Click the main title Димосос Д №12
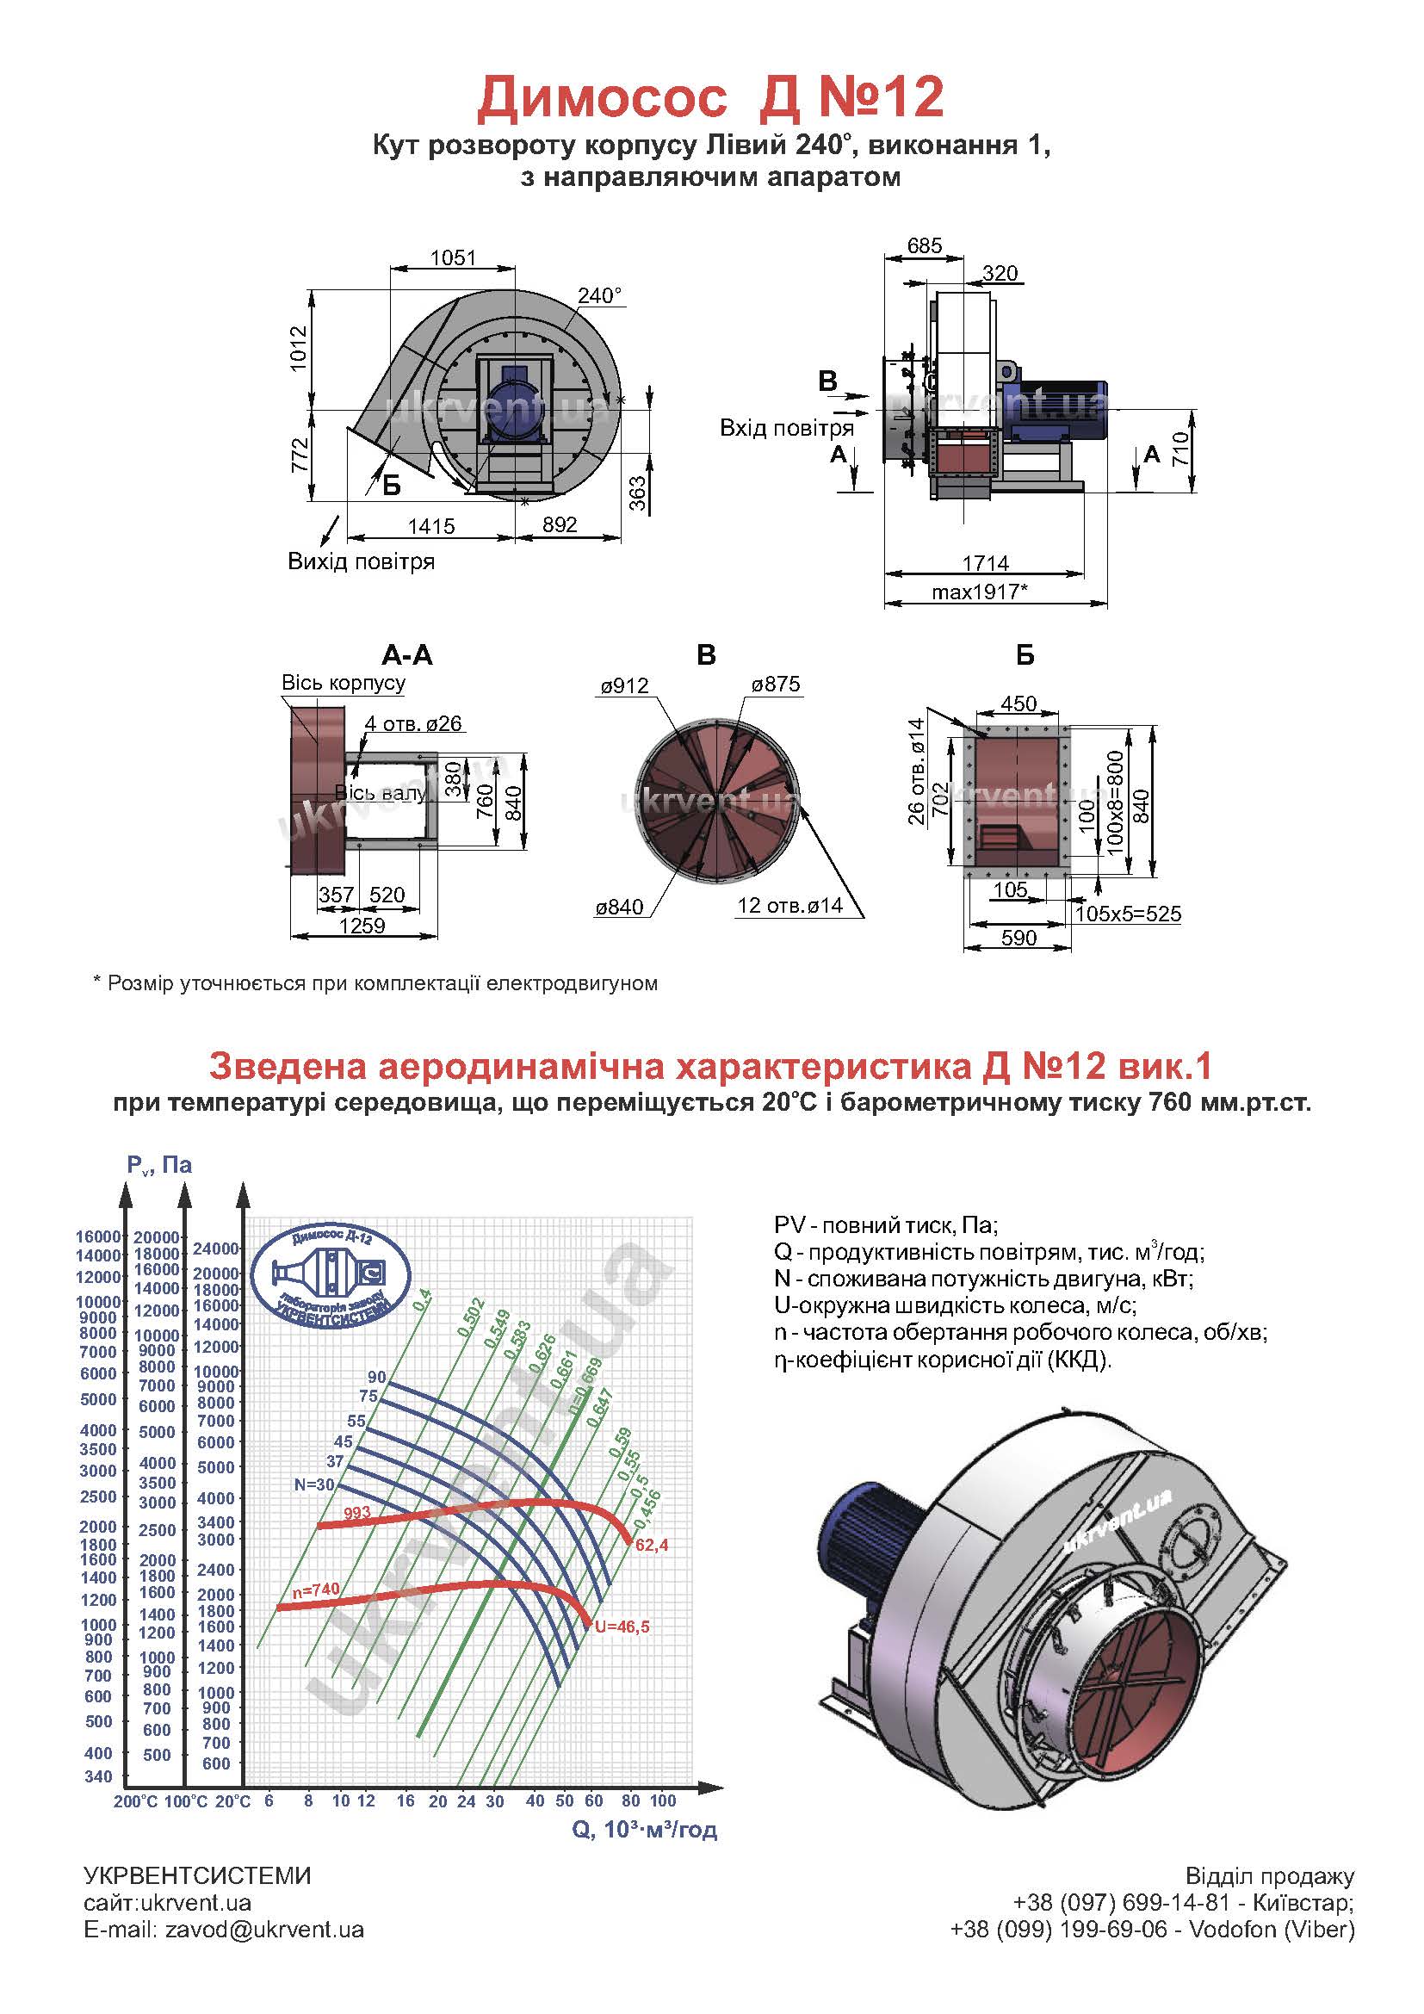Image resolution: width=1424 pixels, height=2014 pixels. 710,97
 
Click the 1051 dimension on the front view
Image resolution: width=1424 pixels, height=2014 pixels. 453,258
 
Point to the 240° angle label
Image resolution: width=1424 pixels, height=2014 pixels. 600,295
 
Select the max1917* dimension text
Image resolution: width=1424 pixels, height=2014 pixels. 980,592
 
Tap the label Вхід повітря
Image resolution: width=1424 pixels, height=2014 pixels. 787,428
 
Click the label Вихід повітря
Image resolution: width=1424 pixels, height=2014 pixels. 362,561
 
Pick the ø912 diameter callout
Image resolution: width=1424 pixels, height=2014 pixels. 624,686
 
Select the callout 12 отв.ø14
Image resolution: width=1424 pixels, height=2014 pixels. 790,905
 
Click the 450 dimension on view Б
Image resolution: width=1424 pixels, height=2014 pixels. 1018,703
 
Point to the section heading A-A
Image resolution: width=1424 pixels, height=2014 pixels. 407,654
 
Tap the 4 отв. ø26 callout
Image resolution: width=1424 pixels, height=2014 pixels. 413,723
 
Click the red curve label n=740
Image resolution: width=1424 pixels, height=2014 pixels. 316,1589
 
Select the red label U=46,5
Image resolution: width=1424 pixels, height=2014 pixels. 622,1627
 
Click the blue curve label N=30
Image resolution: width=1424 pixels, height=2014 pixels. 314,1485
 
